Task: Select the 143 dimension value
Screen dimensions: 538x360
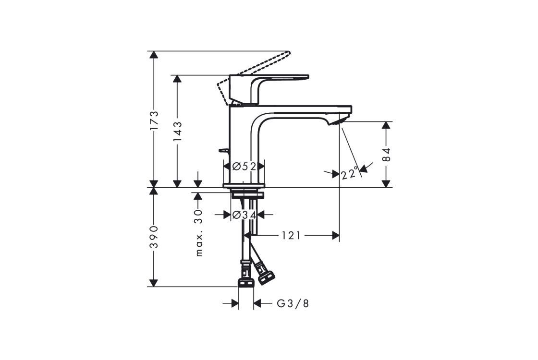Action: click(177, 132)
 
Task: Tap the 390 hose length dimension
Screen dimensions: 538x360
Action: click(154, 237)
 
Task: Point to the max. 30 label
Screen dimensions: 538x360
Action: click(199, 233)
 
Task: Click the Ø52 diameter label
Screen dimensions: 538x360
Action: click(245, 166)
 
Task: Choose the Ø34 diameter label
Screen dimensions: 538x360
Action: click(245, 215)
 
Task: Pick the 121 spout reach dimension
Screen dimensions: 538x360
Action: click(291, 236)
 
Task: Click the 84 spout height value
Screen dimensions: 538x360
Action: click(386, 154)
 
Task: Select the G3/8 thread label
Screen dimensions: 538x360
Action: click(293, 303)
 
